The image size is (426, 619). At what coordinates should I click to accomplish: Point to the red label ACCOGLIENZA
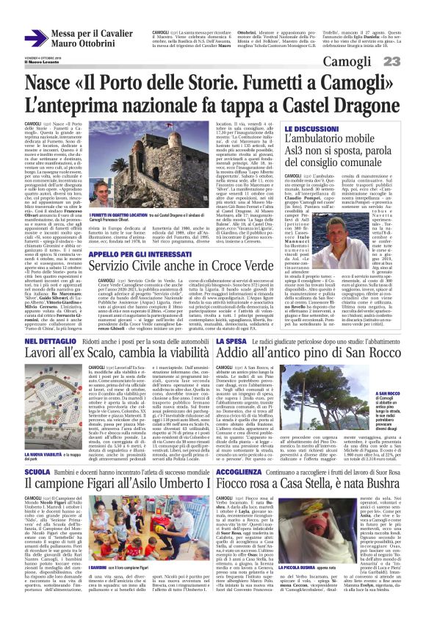[243, 487]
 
